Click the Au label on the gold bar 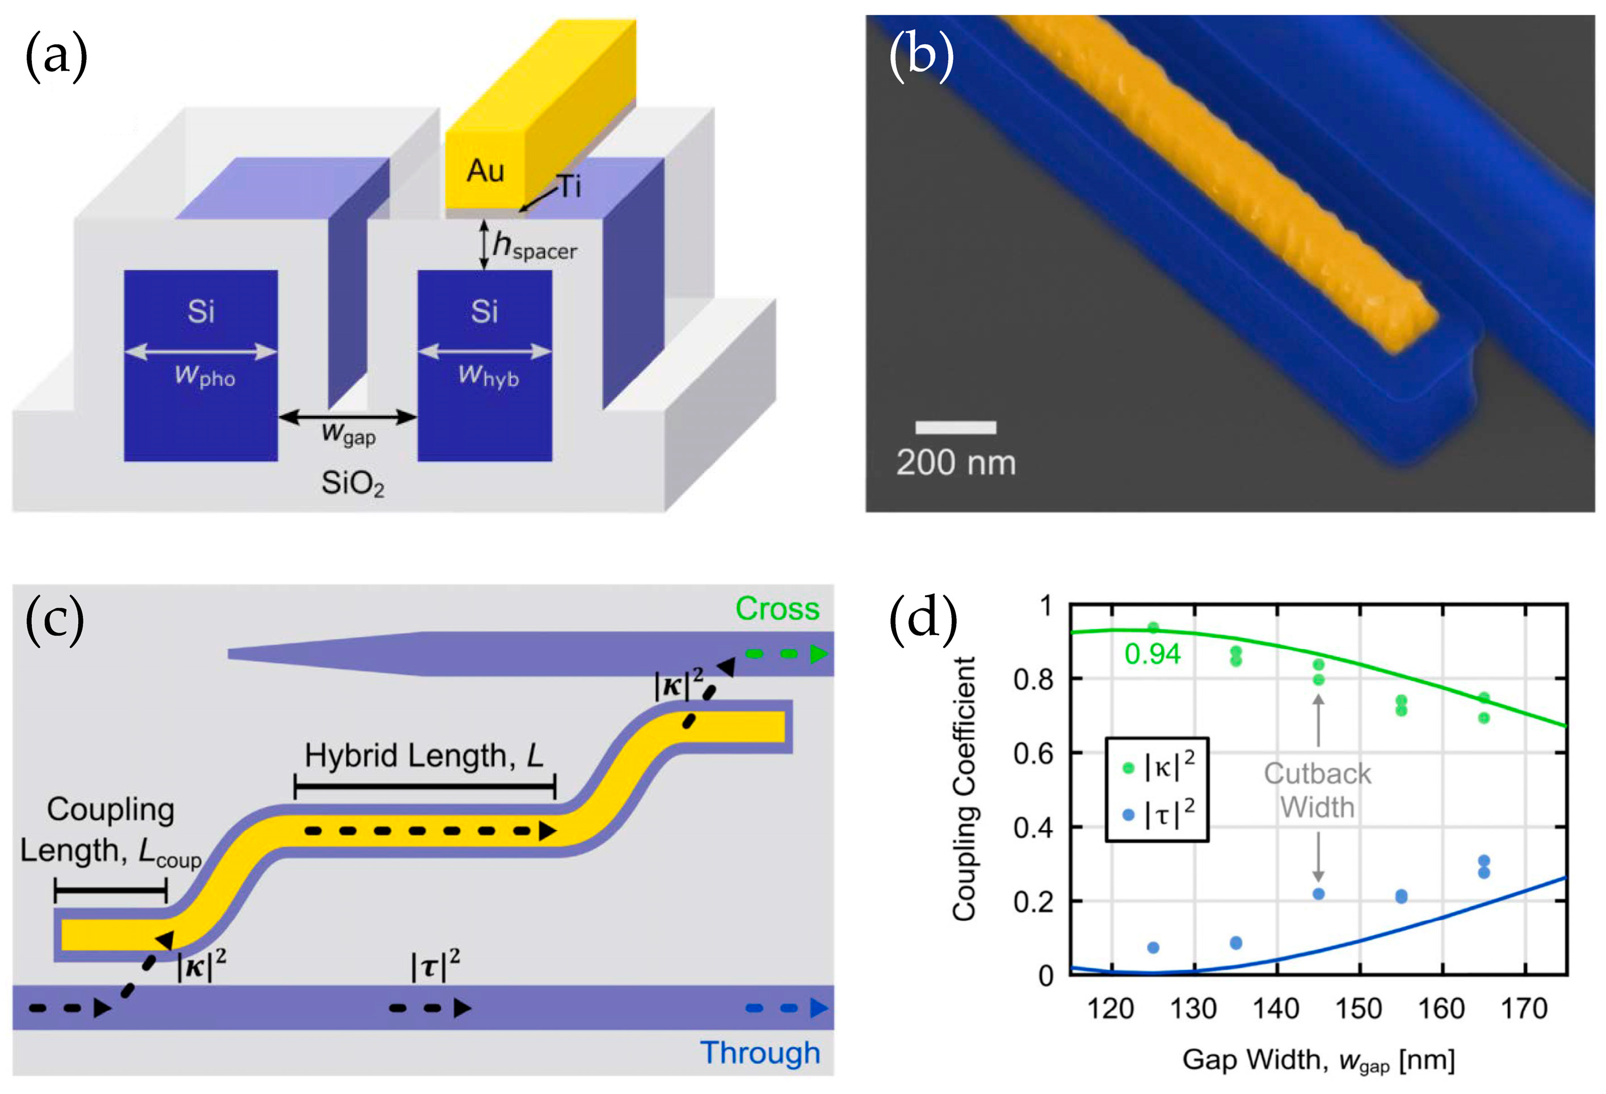485,171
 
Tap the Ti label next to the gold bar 569,187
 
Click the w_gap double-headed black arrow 348,416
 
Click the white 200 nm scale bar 955,427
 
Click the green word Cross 777,609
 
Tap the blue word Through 760,1053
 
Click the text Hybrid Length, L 423,755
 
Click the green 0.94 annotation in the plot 1152,654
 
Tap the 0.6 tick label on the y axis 1033,754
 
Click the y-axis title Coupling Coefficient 964,788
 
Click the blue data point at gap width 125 1153,948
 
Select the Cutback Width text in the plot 1317,790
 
